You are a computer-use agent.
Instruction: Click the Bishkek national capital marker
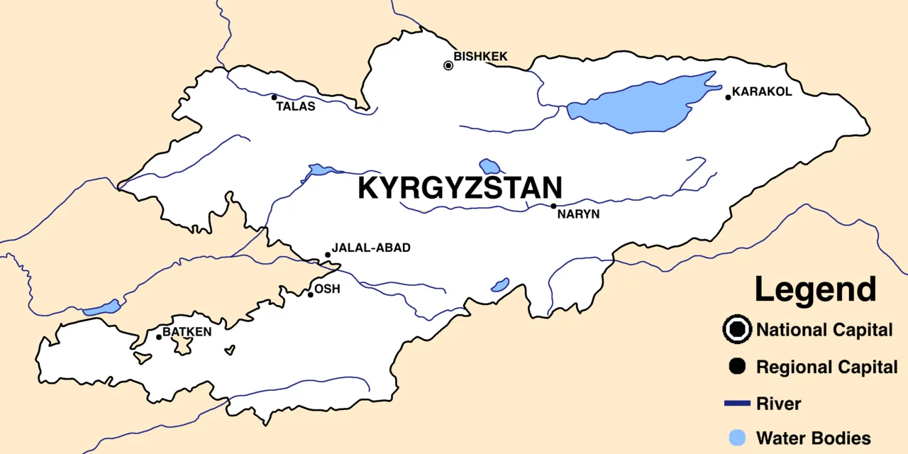448,65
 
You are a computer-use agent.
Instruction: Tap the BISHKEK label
481,57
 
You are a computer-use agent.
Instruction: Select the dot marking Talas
274,97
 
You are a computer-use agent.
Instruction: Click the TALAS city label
296,107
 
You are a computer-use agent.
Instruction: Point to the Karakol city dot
728,97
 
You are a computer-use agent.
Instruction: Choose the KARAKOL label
762,92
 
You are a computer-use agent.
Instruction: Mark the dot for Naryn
553,206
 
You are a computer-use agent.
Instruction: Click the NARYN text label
578,214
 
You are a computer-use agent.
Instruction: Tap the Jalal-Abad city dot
327,255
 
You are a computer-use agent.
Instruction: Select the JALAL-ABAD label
371,248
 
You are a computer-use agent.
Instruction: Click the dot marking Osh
310,294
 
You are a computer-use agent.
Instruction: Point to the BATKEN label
187,331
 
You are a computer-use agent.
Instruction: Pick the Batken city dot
159,337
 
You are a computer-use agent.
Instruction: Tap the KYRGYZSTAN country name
460,188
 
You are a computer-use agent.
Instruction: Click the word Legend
815,289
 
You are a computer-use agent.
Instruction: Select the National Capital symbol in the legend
738,330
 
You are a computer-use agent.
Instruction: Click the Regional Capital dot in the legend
738,367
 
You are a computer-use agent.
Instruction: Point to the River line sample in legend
737,404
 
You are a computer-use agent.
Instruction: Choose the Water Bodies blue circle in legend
738,438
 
